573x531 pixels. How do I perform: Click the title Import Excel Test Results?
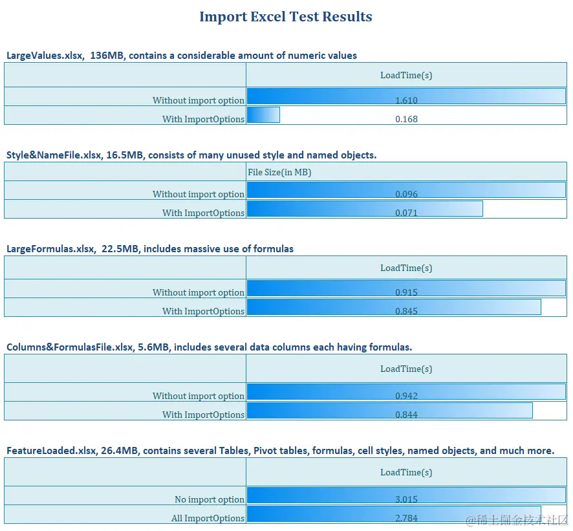coord(285,17)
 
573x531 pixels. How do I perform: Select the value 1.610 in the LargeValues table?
coord(406,100)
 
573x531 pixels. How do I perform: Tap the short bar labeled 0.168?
coord(264,115)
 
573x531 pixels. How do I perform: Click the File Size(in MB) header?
coord(280,172)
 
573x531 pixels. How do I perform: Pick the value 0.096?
coord(406,194)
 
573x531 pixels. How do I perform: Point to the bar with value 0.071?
coord(365,208)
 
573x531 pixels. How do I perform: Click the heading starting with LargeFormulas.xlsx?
coord(150,249)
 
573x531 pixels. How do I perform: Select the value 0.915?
coord(406,292)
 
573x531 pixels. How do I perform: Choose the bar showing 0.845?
coord(394,307)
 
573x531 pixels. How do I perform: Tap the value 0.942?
coord(406,396)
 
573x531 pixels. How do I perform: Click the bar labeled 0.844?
coord(389,410)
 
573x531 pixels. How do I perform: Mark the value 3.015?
coord(406,499)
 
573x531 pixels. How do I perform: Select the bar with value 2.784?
coord(394,514)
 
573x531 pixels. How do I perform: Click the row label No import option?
coord(210,499)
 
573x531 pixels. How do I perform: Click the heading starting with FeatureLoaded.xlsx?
coord(280,451)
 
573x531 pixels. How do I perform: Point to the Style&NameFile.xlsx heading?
coord(191,155)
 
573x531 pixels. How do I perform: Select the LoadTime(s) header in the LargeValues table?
coord(406,75)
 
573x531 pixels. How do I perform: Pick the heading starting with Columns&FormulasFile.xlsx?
coord(209,347)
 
